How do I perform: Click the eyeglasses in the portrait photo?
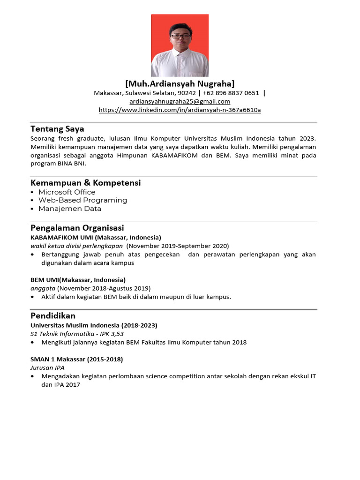pos(180,36)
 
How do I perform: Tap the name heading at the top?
pos(180,83)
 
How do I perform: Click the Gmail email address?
pos(180,101)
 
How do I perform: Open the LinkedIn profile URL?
pos(180,110)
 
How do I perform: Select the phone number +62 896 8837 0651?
pos(231,93)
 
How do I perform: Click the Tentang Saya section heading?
pos(57,128)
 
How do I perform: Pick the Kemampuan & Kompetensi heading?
pos(86,183)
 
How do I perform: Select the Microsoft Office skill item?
pos(67,192)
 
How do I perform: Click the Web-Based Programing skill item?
pos(82,200)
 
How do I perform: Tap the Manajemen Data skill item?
pos(69,209)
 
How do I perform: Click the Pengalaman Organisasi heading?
pos(77,228)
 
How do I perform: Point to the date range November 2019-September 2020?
pos(178,246)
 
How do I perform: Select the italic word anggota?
pos(43,288)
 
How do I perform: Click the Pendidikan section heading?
pos(53,315)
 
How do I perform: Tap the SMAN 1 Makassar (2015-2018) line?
pos(77,359)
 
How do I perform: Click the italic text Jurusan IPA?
pos(47,367)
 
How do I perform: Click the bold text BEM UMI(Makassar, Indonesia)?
pos(78,279)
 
